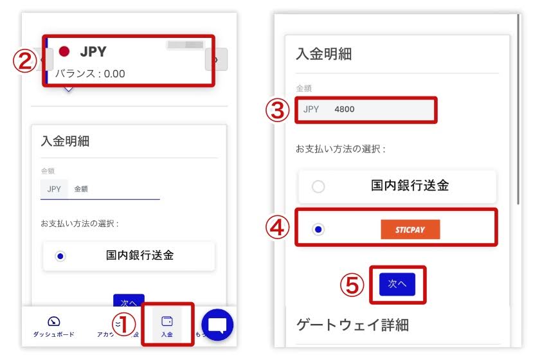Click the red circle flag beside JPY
click(x=64, y=51)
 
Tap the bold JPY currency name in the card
click(x=93, y=51)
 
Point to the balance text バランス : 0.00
click(x=90, y=73)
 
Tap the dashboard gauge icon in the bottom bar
click(x=54, y=321)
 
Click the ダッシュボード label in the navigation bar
click(x=54, y=335)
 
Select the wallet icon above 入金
click(x=166, y=321)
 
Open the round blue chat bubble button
click(x=217, y=325)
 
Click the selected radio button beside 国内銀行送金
click(x=60, y=256)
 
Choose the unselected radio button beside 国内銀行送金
click(x=318, y=186)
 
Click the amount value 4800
click(x=345, y=109)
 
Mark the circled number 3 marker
click(x=277, y=110)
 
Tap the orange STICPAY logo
click(x=410, y=230)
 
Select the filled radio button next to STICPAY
click(x=318, y=230)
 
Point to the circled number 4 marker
click(x=277, y=228)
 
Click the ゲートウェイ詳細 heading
click(x=352, y=324)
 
